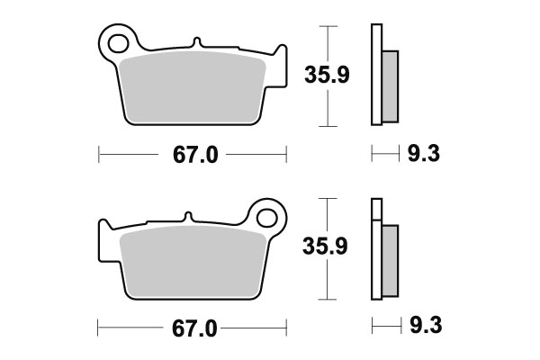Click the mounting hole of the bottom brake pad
[x=267, y=216]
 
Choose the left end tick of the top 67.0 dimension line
[x=96, y=156]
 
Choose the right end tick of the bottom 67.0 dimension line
[x=286, y=328]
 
